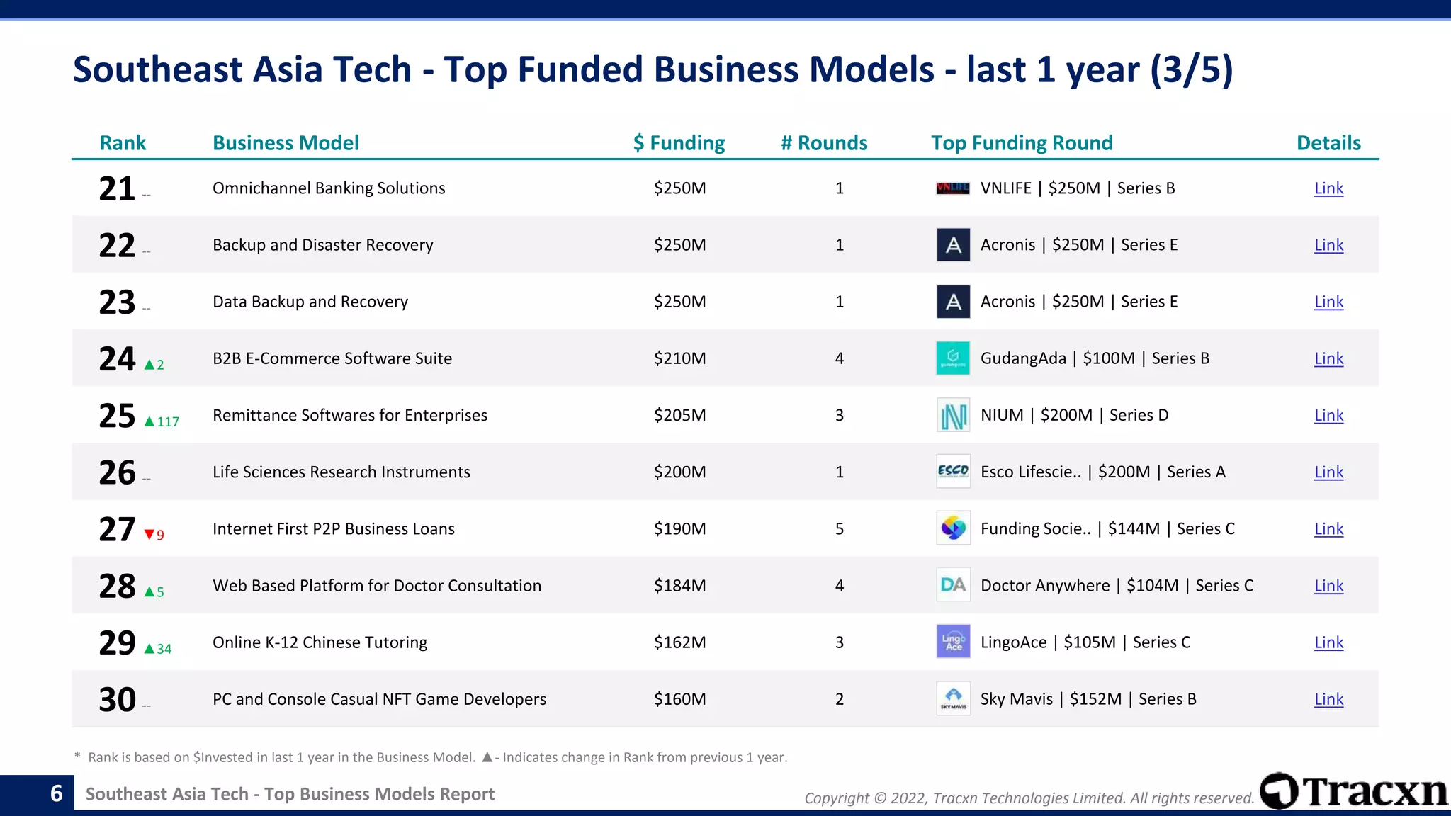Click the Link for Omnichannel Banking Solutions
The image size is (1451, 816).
pyautogui.click(x=1328, y=188)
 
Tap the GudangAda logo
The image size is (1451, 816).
pyautogui.click(x=953, y=358)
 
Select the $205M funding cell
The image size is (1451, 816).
pyautogui.click(x=679, y=415)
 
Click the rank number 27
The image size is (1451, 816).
pyautogui.click(x=117, y=529)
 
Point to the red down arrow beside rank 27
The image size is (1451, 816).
pyautogui.click(x=149, y=535)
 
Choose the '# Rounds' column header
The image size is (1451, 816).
pyautogui.click(x=824, y=143)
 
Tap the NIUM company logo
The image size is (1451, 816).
pyautogui.click(x=953, y=415)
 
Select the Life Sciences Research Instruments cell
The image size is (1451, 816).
pyautogui.click(x=341, y=472)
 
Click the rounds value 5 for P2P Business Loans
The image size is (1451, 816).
pyautogui.click(x=840, y=529)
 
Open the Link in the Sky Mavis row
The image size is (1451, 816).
pyautogui.click(x=1328, y=699)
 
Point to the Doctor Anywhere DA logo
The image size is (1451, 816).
pyautogui.click(x=953, y=585)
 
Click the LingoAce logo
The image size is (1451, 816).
pyautogui.click(x=953, y=642)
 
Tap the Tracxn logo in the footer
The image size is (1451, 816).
pyautogui.click(x=1353, y=791)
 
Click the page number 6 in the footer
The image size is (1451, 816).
pyautogui.click(x=57, y=793)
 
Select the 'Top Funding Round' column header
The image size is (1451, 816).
pyautogui.click(x=1022, y=143)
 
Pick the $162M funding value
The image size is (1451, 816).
pyautogui.click(x=679, y=642)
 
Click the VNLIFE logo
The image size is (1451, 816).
pyautogui.click(x=953, y=188)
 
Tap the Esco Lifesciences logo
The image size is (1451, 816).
pyautogui.click(x=953, y=472)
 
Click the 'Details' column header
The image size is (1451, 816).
pyautogui.click(x=1328, y=143)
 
